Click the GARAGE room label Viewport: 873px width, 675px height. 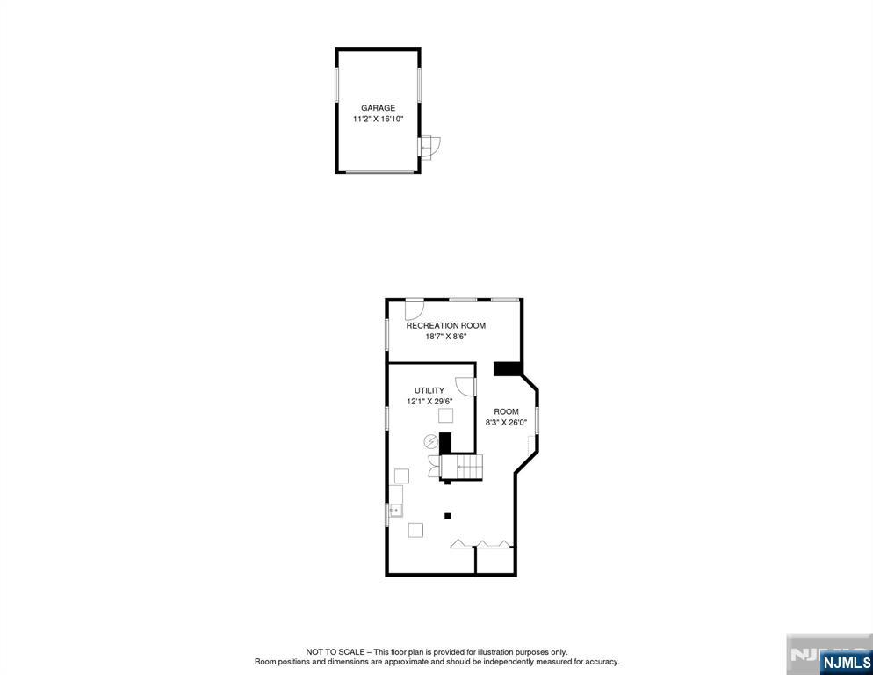tap(378, 108)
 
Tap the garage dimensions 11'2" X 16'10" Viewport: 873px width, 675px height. tap(378, 120)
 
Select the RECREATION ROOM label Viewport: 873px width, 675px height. tap(445, 325)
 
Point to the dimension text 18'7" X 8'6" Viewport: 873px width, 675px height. tap(445, 337)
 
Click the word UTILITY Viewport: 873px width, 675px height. tap(429, 391)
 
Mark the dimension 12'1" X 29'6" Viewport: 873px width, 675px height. tap(429, 402)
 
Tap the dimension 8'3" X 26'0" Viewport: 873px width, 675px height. tap(506, 423)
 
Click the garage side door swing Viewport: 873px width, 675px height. tap(430, 147)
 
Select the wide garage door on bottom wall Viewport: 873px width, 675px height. tap(380, 171)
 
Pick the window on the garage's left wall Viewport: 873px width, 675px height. tap(337, 84)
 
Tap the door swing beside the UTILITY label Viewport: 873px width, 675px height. tap(465, 387)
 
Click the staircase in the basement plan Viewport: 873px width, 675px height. tap(462, 467)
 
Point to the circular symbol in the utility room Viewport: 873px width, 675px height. tap(431, 441)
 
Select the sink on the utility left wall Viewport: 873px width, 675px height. tap(396, 510)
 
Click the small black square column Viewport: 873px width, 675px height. tap(447, 516)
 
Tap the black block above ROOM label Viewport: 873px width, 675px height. tap(507, 369)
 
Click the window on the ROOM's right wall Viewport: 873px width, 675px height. tap(538, 420)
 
